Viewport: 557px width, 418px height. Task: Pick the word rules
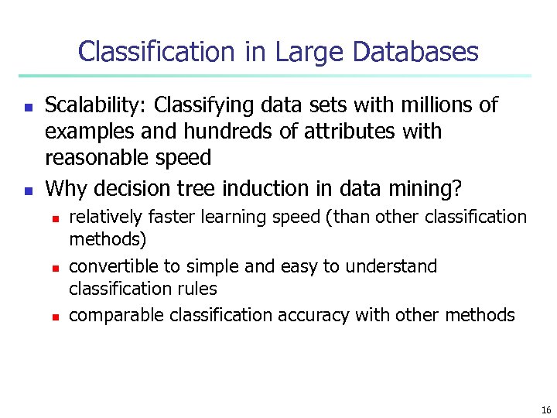click(x=198, y=289)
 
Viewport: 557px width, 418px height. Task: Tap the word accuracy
click(x=314, y=315)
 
